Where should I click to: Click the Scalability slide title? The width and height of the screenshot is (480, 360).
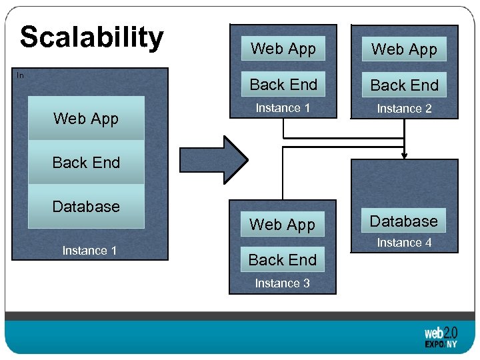(91, 38)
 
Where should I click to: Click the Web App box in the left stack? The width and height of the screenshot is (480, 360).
(86, 119)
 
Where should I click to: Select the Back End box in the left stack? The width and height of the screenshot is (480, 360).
(86, 162)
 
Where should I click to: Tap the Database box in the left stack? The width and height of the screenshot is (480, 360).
(86, 206)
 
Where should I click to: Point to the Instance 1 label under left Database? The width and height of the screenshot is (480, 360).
(89, 251)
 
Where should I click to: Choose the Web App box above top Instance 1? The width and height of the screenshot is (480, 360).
(283, 49)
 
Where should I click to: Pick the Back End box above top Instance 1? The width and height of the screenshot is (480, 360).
(283, 85)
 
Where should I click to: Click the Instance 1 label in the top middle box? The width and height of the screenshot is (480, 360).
(283, 108)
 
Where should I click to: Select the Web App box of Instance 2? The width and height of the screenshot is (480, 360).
(404, 49)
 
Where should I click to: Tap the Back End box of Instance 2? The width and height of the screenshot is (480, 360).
(404, 85)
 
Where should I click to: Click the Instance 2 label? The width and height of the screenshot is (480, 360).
(404, 109)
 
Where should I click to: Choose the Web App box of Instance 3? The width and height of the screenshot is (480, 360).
(283, 225)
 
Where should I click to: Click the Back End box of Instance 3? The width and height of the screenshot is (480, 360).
(283, 259)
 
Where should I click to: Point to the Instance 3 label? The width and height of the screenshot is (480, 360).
(283, 283)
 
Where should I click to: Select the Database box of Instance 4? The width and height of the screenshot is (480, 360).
(404, 221)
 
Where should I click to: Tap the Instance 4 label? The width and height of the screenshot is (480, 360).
(404, 243)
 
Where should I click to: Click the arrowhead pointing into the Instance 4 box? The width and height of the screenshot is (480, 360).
(404, 155)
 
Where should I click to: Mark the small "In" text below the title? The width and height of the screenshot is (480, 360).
(20, 75)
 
